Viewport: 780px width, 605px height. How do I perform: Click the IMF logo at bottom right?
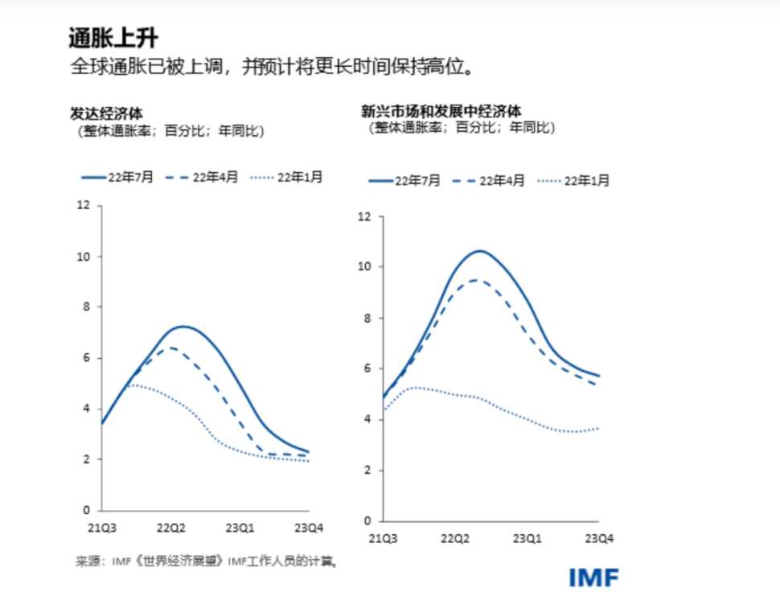point(593,577)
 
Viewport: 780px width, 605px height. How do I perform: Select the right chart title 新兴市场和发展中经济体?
point(441,111)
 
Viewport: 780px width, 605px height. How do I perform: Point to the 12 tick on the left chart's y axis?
point(84,206)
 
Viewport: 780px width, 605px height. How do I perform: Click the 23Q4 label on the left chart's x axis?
point(308,528)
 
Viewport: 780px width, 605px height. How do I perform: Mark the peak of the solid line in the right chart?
point(480,251)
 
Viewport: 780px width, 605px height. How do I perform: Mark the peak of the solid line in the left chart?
point(183,326)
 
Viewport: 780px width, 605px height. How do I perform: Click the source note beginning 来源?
point(205,561)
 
